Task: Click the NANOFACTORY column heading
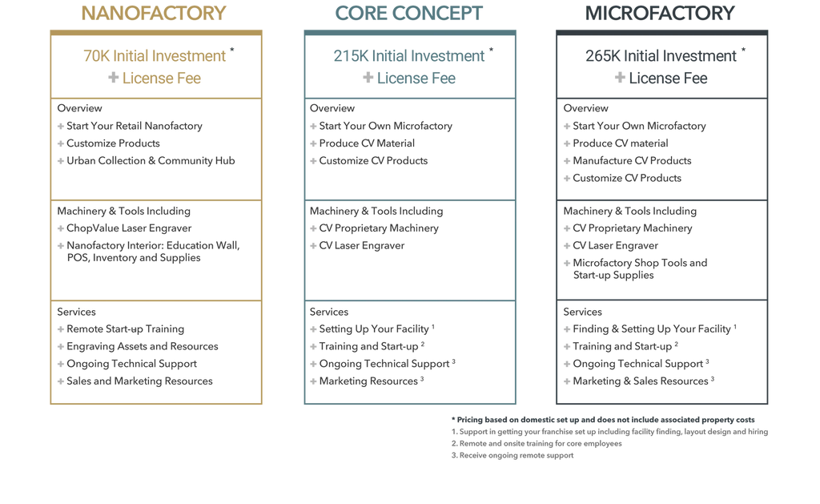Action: pyautogui.click(x=154, y=13)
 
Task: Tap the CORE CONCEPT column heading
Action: pyautogui.click(x=409, y=13)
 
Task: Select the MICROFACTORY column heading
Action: pyautogui.click(x=660, y=13)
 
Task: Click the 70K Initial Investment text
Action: pyautogui.click(x=155, y=55)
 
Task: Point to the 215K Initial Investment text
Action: pyautogui.click(x=409, y=55)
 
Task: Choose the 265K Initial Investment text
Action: pyautogui.click(x=661, y=55)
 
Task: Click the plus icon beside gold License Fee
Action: pyautogui.click(x=113, y=78)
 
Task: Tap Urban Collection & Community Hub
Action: pyautogui.click(x=151, y=161)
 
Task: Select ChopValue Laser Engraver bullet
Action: pyautogui.click(x=129, y=228)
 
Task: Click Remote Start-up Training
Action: pyautogui.click(x=125, y=329)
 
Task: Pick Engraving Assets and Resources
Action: pyautogui.click(x=143, y=346)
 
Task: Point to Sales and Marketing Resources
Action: pyautogui.click(x=139, y=381)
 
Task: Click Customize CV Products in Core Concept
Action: pyautogui.click(x=373, y=161)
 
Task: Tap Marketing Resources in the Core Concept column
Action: pyautogui.click(x=368, y=381)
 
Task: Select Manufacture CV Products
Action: pyautogui.click(x=632, y=161)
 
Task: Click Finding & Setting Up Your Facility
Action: pyautogui.click(x=652, y=329)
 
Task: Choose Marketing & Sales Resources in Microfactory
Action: pyautogui.click(x=641, y=381)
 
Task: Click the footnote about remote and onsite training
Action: pyautogui.click(x=537, y=443)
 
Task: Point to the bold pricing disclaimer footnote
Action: pyautogui.click(x=603, y=420)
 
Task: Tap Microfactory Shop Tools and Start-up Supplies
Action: pyautogui.click(x=640, y=269)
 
